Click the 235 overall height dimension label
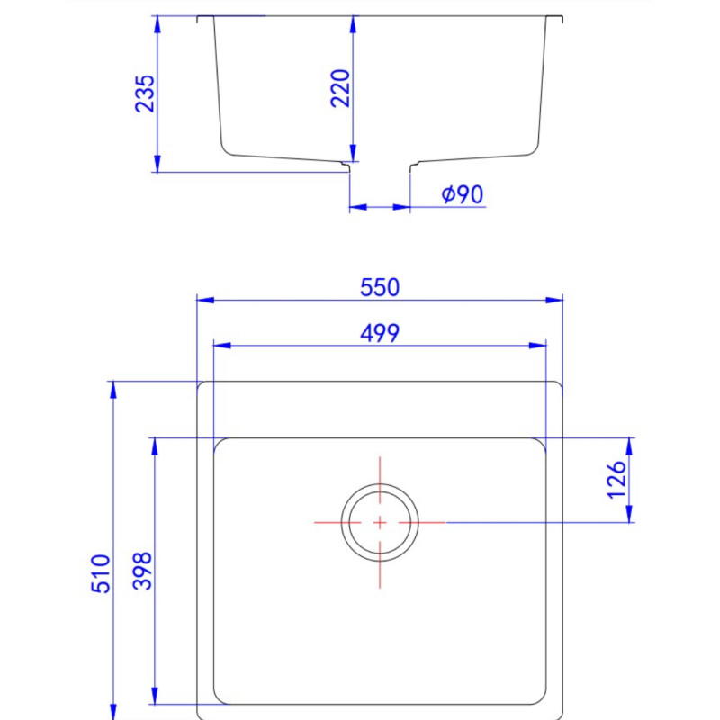(145, 94)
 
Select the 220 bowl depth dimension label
(341, 88)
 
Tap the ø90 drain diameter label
(463, 194)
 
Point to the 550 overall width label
(380, 288)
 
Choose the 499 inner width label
(380, 333)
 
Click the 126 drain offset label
(616, 480)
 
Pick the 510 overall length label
(101, 573)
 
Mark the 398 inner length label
(142, 571)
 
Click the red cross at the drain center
(380, 523)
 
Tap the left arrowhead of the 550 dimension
(205, 301)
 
